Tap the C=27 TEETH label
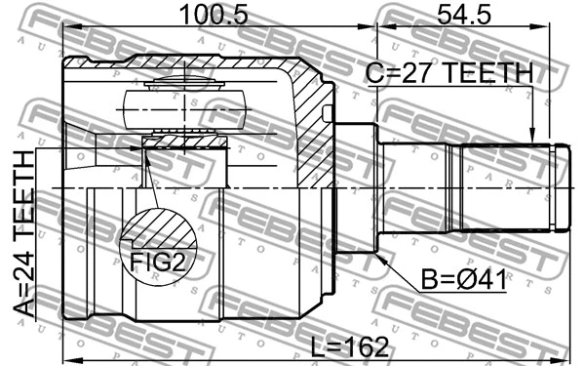(449, 73)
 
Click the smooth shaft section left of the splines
(414, 187)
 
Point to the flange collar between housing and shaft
(358, 187)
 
